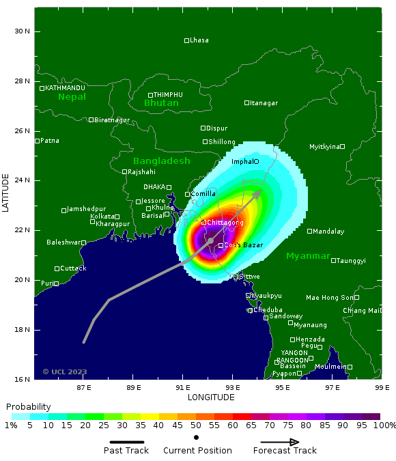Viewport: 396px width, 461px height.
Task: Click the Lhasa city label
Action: (x=199, y=40)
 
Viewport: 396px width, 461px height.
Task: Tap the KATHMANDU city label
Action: (x=65, y=88)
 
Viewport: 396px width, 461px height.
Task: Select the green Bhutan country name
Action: (x=161, y=103)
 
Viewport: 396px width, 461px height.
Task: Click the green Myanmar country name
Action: (x=308, y=256)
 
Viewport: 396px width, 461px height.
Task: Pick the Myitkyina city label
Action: (x=324, y=147)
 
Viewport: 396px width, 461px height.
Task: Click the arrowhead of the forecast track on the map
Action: (x=257, y=194)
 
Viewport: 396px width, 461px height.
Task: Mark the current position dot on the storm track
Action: (x=210, y=240)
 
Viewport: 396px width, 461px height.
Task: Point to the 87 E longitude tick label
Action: (x=84, y=387)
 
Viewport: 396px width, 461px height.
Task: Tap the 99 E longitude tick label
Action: (x=381, y=387)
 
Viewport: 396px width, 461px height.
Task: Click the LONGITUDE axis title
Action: (x=211, y=397)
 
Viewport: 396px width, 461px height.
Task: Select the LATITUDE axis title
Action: (x=6, y=193)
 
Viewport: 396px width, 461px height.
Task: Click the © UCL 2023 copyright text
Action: (x=65, y=372)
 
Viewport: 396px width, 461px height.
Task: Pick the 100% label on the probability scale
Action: (x=384, y=425)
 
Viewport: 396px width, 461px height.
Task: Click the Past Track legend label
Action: (x=127, y=451)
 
